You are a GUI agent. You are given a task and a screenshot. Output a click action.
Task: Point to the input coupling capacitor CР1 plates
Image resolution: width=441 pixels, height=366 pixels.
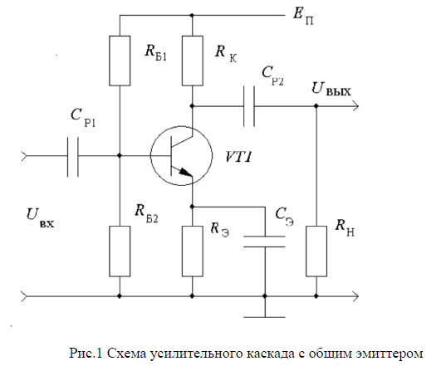73,157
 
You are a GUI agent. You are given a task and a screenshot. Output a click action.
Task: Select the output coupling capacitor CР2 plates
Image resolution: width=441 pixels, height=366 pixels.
249,106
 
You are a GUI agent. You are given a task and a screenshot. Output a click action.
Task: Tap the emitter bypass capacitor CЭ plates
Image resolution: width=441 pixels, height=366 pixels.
264,242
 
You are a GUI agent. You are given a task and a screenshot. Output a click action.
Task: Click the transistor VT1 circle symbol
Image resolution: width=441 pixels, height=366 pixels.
151,155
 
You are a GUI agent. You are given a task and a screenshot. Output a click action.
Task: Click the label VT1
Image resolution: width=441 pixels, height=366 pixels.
238,157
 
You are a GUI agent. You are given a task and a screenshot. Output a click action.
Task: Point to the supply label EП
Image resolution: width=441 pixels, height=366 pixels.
303,16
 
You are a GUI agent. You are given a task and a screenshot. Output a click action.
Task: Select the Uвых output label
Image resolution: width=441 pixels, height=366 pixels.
331,89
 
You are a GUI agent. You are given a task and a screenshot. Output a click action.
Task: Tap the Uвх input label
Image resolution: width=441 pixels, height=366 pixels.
40,217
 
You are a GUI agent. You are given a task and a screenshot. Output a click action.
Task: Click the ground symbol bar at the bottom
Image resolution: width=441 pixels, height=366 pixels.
264,317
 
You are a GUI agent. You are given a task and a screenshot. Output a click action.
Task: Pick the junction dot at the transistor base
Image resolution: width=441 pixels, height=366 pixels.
120,155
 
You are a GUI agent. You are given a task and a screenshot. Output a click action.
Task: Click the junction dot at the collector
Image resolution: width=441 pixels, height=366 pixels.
193,106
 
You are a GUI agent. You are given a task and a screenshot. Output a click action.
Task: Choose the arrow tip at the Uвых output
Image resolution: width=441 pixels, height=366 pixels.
359,106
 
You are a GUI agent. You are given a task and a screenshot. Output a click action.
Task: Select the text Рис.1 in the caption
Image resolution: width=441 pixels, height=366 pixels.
86,353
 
